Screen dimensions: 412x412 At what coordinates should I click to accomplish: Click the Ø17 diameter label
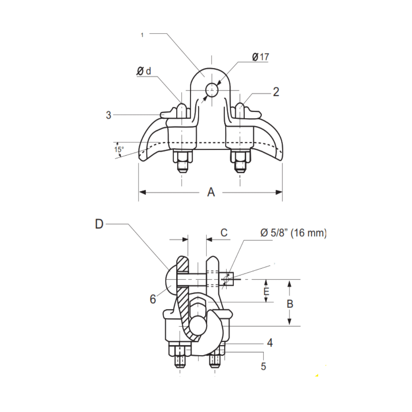click(261, 57)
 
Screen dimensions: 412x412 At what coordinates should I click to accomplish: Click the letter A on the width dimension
click(211, 193)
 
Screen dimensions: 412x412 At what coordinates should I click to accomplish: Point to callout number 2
click(276, 92)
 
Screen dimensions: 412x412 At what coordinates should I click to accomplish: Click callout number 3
click(109, 115)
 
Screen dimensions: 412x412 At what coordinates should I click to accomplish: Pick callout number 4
click(270, 343)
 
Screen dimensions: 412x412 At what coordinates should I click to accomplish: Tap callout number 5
click(264, 367)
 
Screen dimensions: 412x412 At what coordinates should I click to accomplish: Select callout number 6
click(153, 299)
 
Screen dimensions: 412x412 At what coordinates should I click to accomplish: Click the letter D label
click(99, 224)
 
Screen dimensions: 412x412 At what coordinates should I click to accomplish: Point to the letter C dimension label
click(224, 233)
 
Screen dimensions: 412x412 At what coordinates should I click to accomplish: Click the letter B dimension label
click(290, 304)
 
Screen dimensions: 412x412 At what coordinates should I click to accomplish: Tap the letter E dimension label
click(267, 292)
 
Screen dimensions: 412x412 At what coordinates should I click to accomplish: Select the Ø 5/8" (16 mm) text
click(293, 233)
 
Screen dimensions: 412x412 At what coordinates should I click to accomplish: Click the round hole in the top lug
click(211, 90)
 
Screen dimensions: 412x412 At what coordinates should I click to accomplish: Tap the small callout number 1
click(142, 35)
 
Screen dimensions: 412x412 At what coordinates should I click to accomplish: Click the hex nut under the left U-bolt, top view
click(182, 157)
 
